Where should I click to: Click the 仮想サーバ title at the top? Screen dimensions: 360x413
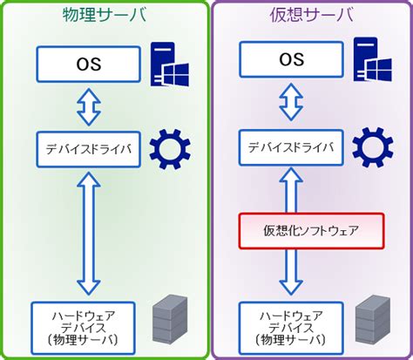309,17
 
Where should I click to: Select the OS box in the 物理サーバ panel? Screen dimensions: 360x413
87,62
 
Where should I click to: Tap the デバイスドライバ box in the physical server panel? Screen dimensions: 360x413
87,149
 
